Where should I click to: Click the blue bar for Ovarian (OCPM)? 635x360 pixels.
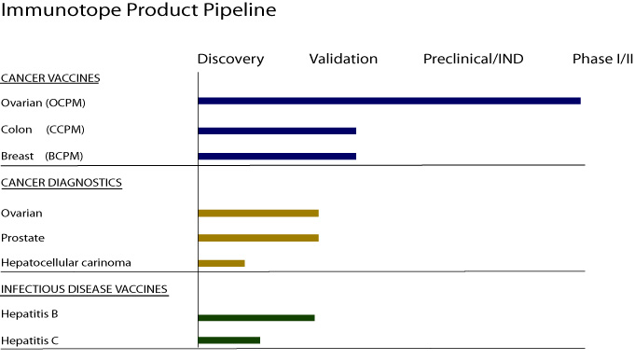tap(389, 101)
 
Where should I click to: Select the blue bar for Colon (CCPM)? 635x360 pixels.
tap(277, 131)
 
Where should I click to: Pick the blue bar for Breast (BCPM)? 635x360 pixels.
tap(277, 157)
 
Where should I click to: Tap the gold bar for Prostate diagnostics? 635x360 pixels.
tap(258, 238)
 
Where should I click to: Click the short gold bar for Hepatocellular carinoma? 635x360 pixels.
tap(222, 263)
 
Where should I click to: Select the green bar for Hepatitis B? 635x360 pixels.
tap(256, 318)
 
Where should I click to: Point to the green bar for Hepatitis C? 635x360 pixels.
tap(228, 340)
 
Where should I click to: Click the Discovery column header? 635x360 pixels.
tap(230, 59)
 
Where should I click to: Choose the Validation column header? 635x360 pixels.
tap(343, 59)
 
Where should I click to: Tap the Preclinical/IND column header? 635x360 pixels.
tap(474, 59)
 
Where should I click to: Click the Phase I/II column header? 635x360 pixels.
tap(602, 59)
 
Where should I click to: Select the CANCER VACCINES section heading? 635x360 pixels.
tap(50, 78)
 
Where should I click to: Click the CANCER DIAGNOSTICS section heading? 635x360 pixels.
tap(62, 183)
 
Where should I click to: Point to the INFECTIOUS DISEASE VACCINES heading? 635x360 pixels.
tap(84, 289)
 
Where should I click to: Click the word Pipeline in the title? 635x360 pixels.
tap(240, 10)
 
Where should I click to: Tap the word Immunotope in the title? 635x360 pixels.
tap(61, 10)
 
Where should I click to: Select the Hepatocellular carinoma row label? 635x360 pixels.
tap(66, 263)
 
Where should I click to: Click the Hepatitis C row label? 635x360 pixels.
tap(30, 340)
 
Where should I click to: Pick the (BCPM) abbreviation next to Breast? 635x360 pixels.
tap(64, 156)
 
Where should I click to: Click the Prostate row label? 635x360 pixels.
tap(22, 238)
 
